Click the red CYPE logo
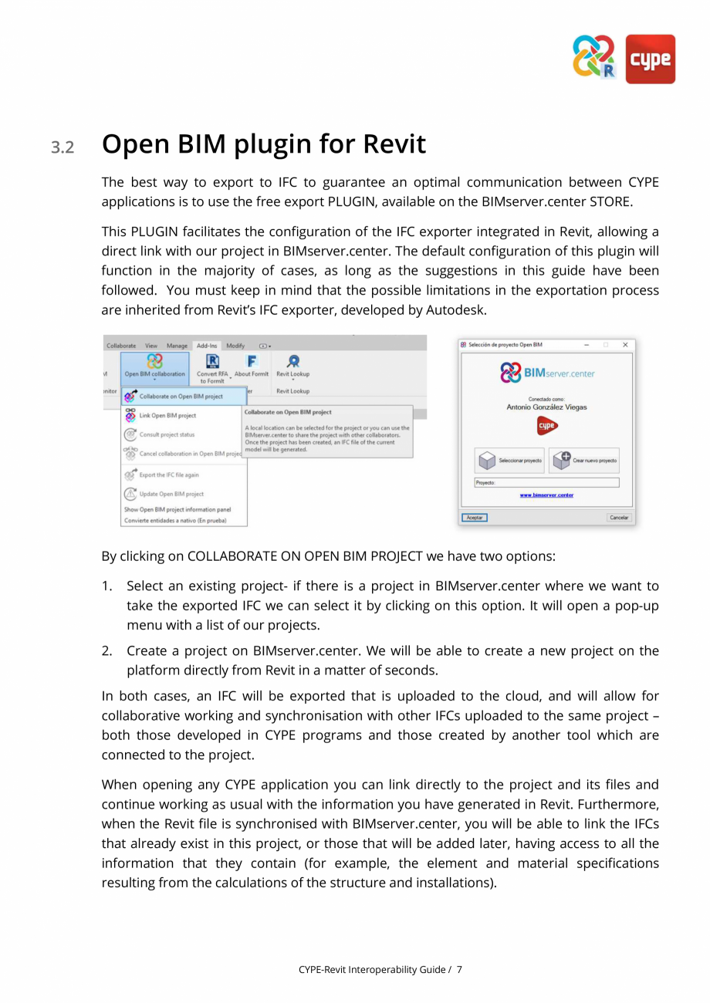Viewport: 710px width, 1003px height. pos(650,59)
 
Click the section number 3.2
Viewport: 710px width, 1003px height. pos(63,147)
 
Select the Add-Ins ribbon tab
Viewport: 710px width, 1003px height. pos(207,346)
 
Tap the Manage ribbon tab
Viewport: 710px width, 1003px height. pos(177,346)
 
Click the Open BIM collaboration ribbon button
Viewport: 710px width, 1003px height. pos(154,366)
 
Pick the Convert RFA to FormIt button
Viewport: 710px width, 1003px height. pos(212,367)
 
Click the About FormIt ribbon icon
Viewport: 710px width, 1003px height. pos(252,366)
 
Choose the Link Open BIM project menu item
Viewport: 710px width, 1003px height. pos(167,415)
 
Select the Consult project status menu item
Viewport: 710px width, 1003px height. pos(167,434)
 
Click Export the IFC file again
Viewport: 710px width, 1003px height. pos(168,474)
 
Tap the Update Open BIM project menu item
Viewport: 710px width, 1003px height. pos(171,494)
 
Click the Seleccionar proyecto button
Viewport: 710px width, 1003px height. pos(509,461)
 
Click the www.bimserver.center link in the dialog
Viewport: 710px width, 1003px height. pos(546,495)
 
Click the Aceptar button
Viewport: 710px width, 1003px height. pos(475,517)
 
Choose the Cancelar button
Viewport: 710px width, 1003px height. pos(619,517)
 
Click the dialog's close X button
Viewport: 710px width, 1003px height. pos(625,344)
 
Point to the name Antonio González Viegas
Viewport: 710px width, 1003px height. pos(546,407)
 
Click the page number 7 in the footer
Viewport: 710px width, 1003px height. pos(459,969)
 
